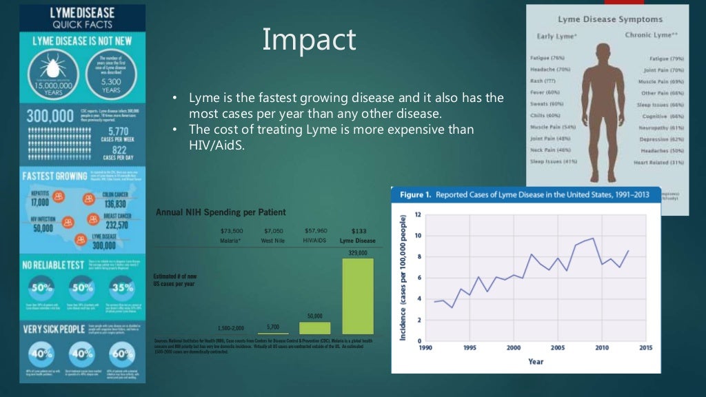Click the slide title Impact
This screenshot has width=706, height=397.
click(x=309, y=40)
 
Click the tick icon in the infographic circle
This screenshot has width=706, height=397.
click(x=53, y=70)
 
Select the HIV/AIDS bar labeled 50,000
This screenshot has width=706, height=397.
click(x=314, y=328)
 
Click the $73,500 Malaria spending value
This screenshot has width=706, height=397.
click(x=231, y=230)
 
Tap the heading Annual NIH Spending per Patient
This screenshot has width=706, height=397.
click(x=221, y=212)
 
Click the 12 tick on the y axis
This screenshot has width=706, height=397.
click(x=418, y=214)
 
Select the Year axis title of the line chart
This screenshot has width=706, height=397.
click(x=535, y=360)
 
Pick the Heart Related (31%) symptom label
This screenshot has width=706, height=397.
click(x=659, y=163)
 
